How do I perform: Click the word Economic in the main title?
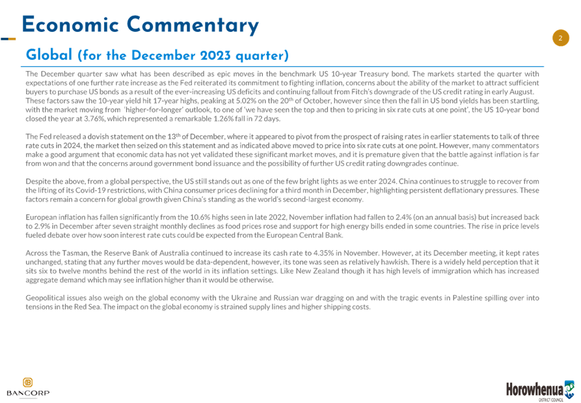click(x=70, y=25)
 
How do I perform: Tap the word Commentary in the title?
click(x=193, y=25)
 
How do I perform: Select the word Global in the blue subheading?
click(x=49, y=55)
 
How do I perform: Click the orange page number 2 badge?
click(x=561, y=38)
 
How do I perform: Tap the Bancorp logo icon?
click(x=28, y=382)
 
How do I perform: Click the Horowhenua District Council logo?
click(x=540, y=391)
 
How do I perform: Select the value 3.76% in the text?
click(x=105, y=118)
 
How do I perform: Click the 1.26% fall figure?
click(x=223, y=118)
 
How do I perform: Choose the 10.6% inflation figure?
click(x=200, y=217)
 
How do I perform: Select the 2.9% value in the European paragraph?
click(x=42, y=226)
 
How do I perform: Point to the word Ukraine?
click(x=244, y=298)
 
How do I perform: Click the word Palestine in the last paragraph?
click(x=468, y=298)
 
